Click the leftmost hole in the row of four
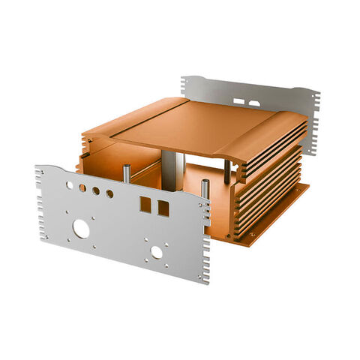[70, 184]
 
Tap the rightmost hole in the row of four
[109, 194]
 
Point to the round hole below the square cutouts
[157, 253]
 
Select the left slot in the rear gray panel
[238, 100]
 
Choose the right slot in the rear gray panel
[255, 103]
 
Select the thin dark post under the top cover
[226, 171]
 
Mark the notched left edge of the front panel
[39, 202]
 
